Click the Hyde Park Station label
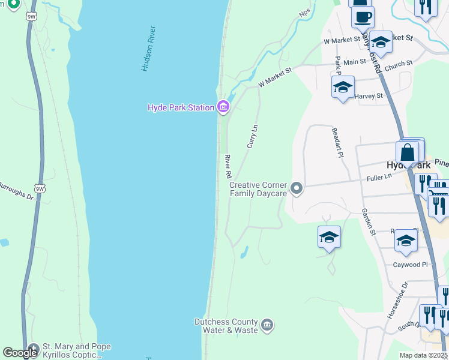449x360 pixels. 181,107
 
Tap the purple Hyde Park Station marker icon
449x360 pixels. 223,107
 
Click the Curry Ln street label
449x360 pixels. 253,136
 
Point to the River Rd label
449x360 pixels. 228,166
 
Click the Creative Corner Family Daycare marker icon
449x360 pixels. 296,189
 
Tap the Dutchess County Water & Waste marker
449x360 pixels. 268,326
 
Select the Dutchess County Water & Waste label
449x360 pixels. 226,326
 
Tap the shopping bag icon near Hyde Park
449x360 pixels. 408,153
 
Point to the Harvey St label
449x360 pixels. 369,96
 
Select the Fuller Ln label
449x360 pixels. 379,178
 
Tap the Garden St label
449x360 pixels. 367,222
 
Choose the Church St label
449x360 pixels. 399,62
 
